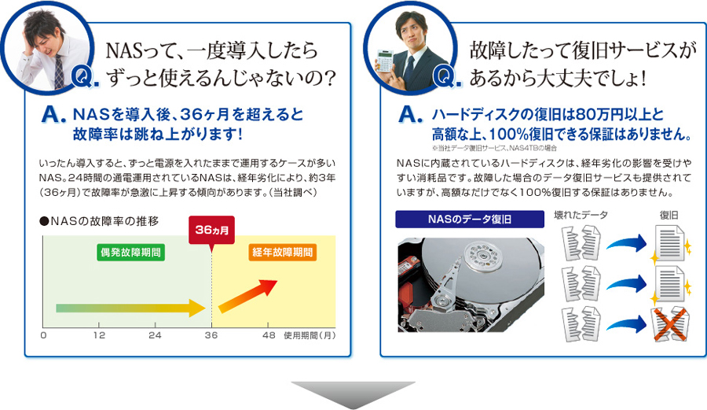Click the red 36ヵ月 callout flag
(x=211, y=231)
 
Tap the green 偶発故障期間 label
(x=130, y=252)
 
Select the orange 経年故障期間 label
(x=282, y=252)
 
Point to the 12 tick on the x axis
(x=99, y=335)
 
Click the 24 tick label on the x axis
(x=155, y=335)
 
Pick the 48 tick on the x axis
(x=269, y=335)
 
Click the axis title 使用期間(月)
(x=310, y=335)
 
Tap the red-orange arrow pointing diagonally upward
(x=248, y=296)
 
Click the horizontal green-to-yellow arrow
(x=130, y=308)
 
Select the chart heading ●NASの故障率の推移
(x=99, y=221)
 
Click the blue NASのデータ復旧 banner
(x=470, y=220)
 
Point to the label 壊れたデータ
(x=581, y=215)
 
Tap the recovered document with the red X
(x=670, y=323)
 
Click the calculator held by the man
(x=385, y=61)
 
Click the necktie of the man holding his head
(x=59, y=72)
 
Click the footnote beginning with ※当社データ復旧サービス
(x=494, y=148)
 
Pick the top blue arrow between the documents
(x=627, y=243)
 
